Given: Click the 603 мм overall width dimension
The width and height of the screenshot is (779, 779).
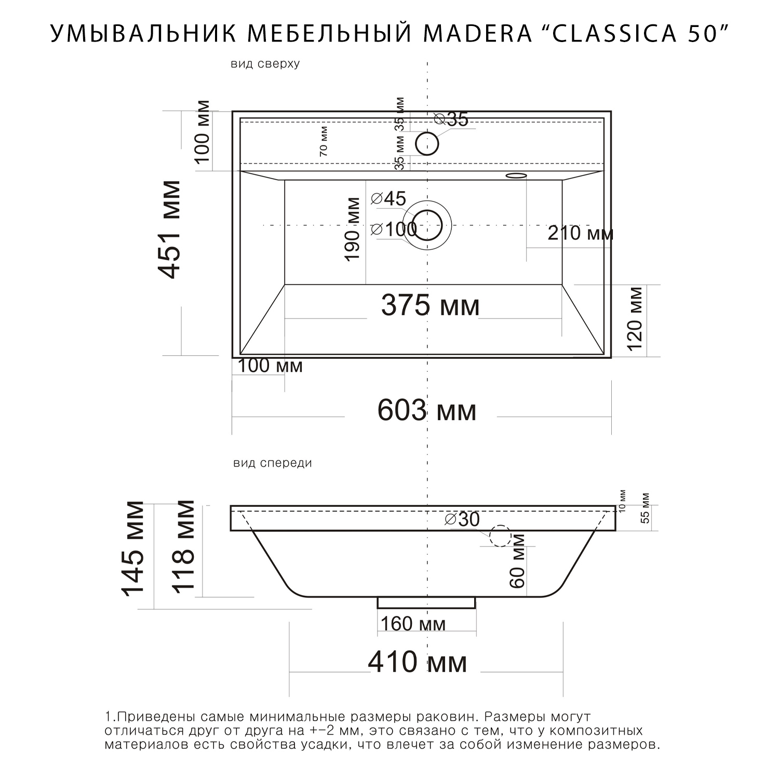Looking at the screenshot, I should point(426,411).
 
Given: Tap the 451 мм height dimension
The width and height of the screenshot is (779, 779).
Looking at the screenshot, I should point(171,229).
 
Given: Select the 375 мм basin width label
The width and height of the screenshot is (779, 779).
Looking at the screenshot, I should point(430,305).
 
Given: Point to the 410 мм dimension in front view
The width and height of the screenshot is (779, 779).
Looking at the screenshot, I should point(417,663).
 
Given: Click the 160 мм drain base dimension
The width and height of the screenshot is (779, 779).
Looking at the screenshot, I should point(413,624).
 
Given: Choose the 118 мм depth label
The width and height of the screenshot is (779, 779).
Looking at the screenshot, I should point(183,546).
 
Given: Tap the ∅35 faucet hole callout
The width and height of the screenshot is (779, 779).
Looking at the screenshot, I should point(451,119).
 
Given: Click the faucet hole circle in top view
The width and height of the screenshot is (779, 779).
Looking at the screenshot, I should point(427,143).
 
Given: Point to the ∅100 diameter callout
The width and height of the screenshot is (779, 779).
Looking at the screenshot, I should point(394,229).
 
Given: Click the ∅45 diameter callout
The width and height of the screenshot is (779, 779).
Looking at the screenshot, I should point(389,198).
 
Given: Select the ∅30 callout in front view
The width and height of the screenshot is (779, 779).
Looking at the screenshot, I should point(462,519).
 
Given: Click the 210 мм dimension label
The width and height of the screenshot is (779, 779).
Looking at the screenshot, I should point(580,233).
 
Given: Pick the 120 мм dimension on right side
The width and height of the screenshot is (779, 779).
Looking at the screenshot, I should point(635,319).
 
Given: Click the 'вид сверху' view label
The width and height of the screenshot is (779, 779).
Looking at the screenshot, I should point(265,64).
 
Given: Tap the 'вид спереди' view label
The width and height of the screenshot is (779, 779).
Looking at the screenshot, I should point(273,463).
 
